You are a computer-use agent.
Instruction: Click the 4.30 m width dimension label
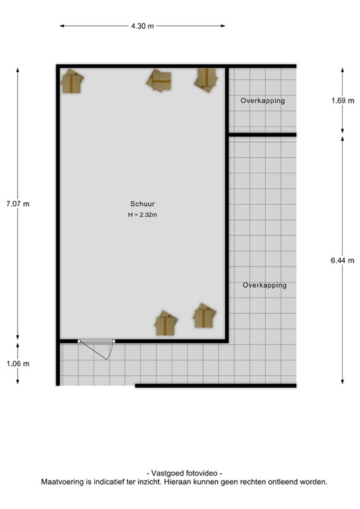tap(142, 27)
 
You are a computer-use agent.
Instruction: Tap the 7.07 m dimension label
tap(17, 203)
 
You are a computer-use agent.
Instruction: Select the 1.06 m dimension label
tap(17, 363)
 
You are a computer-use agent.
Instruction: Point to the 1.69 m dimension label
tap(343, 101)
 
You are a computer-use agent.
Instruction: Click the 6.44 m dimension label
tap(343, 260)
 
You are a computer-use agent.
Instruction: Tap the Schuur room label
tap(143, 204)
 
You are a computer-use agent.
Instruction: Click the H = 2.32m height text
tap(143, 215)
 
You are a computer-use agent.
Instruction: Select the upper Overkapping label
tap(263, 101)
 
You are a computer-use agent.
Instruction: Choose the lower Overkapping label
tap(265, 285)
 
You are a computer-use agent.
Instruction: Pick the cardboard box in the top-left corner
tap(72, 82)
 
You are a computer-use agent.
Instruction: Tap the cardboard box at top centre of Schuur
tap(160, 80)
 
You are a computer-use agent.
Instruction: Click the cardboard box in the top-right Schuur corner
tap(206, 80)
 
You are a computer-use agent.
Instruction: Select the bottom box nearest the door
tap(166, 324)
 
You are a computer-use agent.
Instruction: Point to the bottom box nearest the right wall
tap(204, 316)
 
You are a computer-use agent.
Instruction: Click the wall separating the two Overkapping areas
tap(262, 135)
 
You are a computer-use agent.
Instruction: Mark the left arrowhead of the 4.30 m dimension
tap(62, 27)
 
